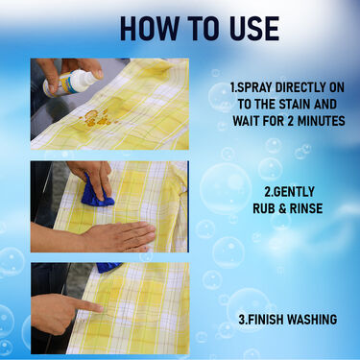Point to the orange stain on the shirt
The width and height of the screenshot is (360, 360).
tap(91, 118)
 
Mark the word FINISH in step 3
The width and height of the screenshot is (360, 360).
tap(270, 319)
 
